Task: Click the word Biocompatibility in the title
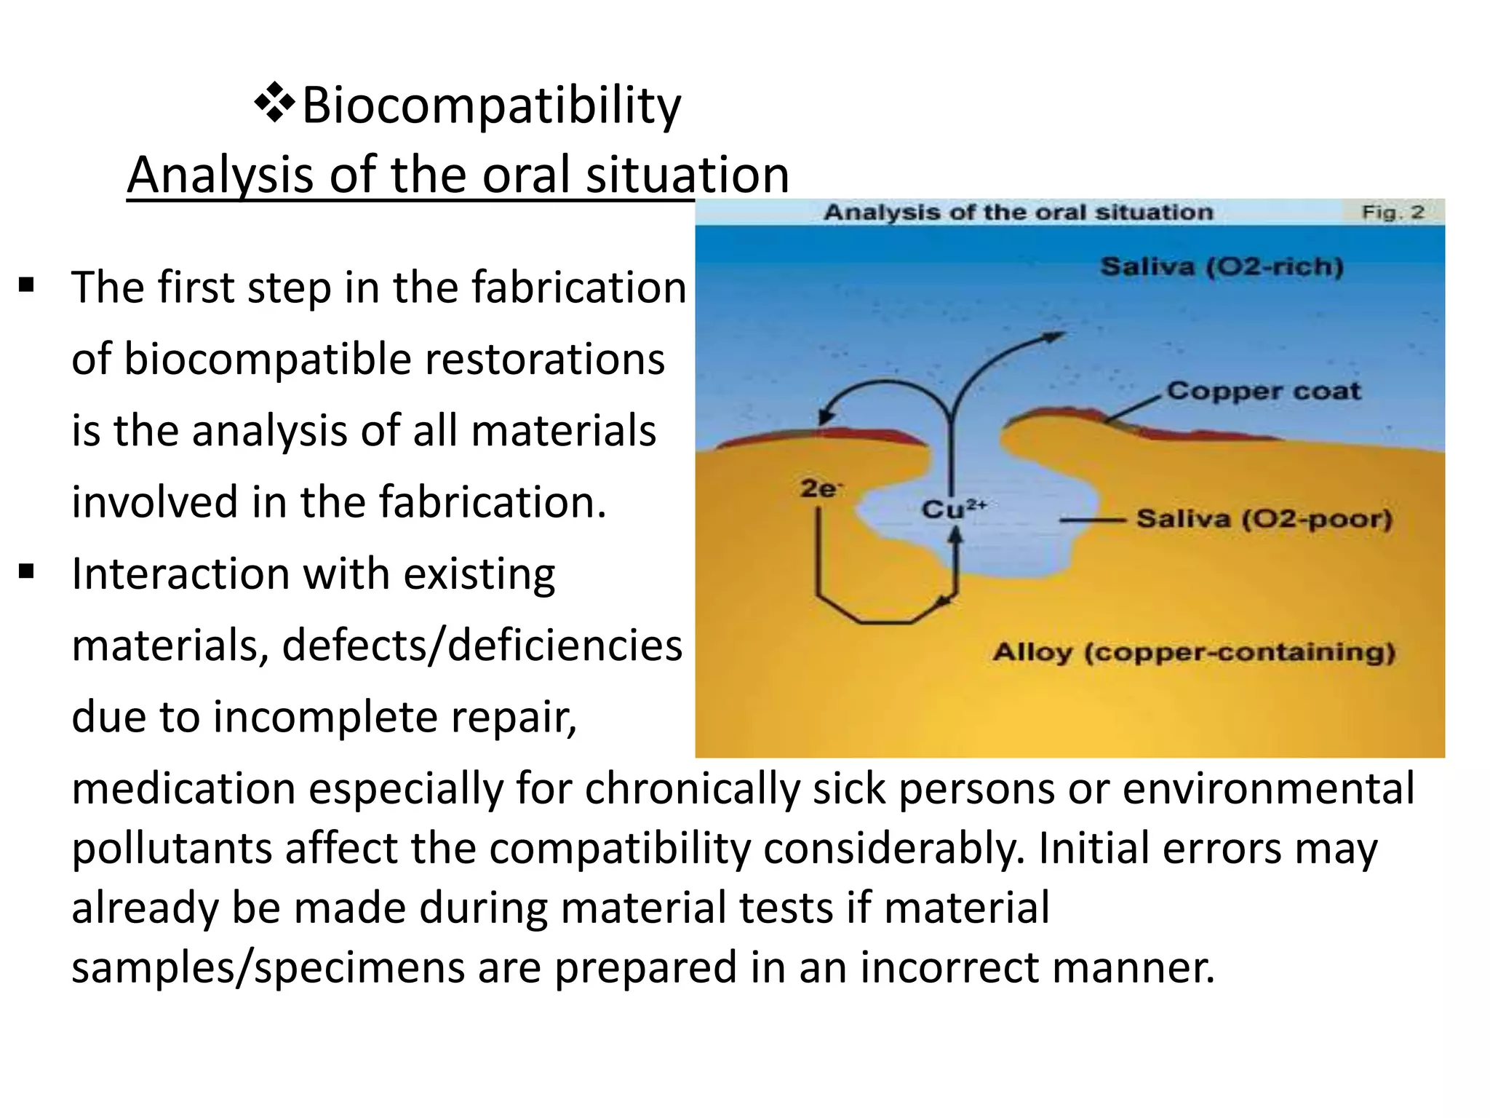click(491, 106)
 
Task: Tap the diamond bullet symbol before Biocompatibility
click(274, 103)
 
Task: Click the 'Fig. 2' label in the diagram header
click(1393, 213)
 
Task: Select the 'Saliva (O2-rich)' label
click(1222, 267)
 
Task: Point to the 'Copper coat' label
click(1264, 391)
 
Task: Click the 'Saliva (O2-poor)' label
click(1264, 519)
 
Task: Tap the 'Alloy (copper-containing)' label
click(1194, 651)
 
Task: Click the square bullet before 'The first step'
click(27, 285)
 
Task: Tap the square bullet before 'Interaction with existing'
click(27, 571)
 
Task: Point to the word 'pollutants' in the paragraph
click(172, 849)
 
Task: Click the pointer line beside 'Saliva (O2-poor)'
click(1091, 520)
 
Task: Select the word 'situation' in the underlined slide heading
click(688, 175)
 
